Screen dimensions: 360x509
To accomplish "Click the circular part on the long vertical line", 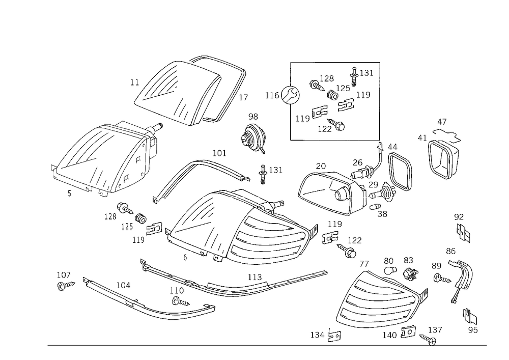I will pyautogui.click(x=290, y=95).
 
